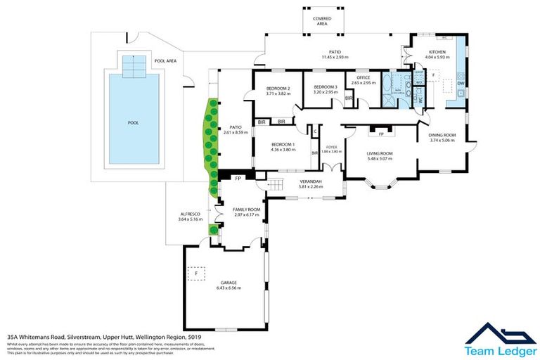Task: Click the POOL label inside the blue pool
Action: coord(133,123)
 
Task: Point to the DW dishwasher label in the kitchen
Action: coord(461,84)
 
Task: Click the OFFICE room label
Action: coord(364,78)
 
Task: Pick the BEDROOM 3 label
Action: coord(326,87)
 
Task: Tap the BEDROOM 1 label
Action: coord(283,145)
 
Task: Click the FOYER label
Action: coord(330,147)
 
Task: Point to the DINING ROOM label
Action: coord(443,135)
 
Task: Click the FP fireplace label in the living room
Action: coord(381,133)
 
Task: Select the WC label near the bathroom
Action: coord(420,99)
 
